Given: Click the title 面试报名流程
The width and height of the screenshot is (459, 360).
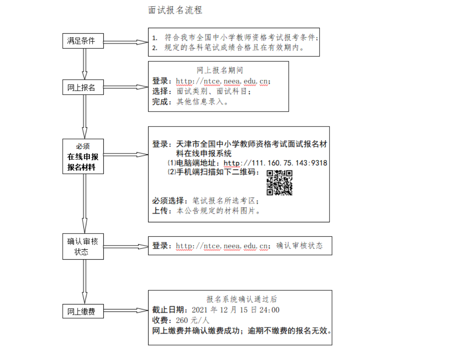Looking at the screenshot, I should tap(175, 10).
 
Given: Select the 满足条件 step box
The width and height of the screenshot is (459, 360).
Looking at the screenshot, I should tap(83, 41).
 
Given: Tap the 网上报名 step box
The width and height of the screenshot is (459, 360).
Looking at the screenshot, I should tap(83, 88).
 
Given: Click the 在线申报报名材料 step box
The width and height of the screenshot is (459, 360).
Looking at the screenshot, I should tap(83, 156).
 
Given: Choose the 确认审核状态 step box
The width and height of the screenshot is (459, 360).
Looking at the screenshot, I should tap(83, 246).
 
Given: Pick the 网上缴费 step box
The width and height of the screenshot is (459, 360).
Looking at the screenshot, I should tap(83, 311).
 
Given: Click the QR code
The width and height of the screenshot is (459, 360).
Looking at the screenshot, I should tap(279, 182).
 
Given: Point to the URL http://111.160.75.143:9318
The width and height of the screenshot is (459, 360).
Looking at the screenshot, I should tap(275, 163).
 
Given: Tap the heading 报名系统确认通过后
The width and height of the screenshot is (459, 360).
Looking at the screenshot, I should tap(242, 299).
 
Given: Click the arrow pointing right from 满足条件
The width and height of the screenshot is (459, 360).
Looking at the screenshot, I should tap(125, 42).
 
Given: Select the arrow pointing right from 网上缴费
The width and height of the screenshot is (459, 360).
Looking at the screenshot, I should tap(125, 310).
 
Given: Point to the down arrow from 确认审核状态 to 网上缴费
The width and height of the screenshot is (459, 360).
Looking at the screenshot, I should tap(84, 282).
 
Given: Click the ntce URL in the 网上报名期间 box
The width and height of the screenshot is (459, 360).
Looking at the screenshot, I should tap(223, 81).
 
